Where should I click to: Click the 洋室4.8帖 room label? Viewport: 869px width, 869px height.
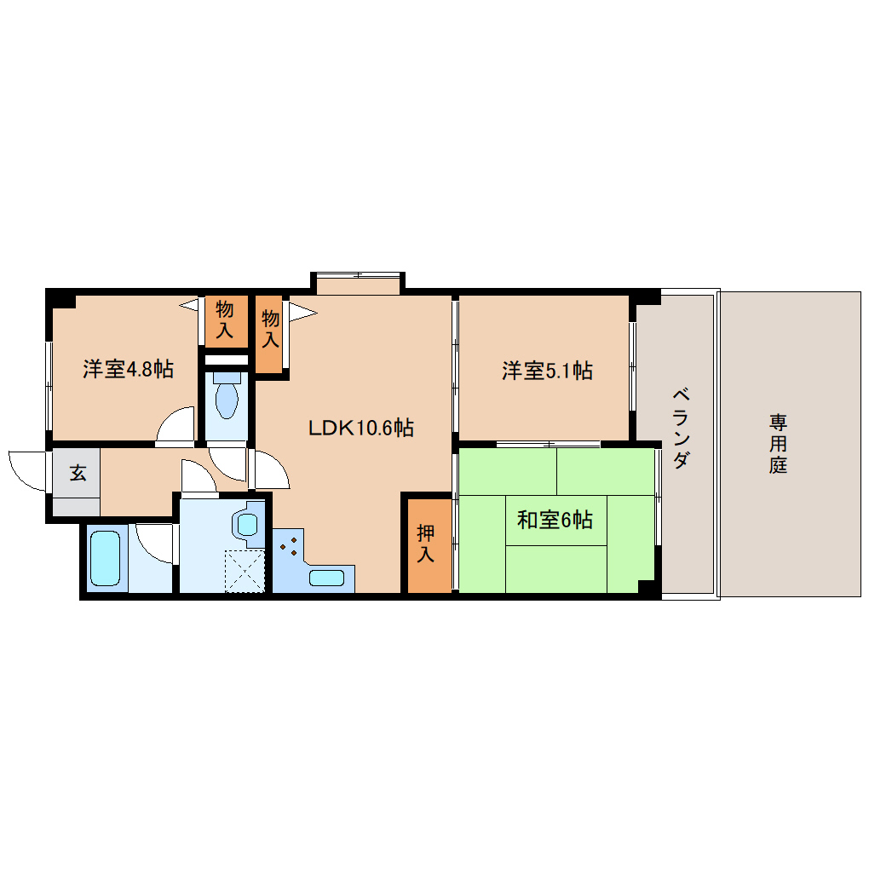tap(128, 369)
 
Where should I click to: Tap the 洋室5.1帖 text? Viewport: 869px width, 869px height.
tap(547, 370)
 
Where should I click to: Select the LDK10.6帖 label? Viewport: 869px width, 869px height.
tap(361, 428)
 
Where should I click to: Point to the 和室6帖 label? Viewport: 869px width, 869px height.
tap(555, 519)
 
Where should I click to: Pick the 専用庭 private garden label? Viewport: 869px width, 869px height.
tap(777, 443)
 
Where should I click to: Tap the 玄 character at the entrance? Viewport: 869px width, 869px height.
tap(78, 473)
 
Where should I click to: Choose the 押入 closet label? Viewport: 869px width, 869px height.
tap(426, 544)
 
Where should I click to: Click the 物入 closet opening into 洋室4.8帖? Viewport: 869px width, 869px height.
tap(225, 319)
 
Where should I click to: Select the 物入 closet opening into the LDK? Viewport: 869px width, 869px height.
tap(270, 329)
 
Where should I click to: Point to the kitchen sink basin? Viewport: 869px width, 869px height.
tap(326, 578)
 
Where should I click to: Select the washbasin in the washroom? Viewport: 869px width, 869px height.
tap(248, 523)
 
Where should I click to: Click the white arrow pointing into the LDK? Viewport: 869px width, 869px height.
tap(302, 312)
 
